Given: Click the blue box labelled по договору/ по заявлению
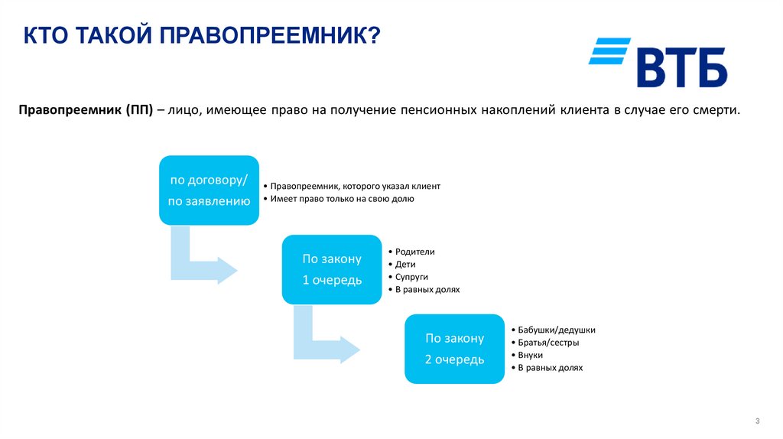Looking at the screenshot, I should [x=209, y=190].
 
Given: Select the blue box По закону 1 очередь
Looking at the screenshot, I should [x=332, y=270].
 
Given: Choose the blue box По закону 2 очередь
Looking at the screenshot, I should [x=454, y=348].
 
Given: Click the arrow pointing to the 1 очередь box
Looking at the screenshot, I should [x=200, y=262].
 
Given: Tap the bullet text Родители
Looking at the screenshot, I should [x=414, y=252].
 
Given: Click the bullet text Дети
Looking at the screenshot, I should [x=405, y=265].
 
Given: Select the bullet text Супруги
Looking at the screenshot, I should [x=411, y=277].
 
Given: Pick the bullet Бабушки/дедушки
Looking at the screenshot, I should [x=556, y=330].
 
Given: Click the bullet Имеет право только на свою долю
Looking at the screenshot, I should [x=340, y=198].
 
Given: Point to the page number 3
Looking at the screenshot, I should [x=756, y=421].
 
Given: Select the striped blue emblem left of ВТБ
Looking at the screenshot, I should [x=609, y=50].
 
